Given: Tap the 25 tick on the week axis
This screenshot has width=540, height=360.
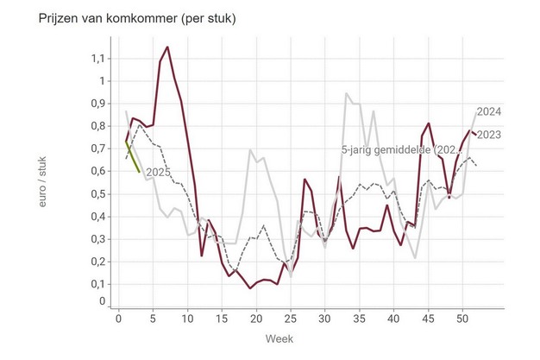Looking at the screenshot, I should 291,317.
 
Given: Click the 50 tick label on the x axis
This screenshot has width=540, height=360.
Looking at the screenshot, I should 462,317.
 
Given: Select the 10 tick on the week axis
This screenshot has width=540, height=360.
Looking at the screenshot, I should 188,317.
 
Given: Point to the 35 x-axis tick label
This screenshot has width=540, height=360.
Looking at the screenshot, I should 359,317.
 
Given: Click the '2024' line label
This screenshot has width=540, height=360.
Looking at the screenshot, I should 488,112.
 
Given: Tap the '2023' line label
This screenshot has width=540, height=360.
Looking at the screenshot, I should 488,134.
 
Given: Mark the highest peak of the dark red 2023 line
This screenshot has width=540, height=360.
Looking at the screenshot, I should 167,47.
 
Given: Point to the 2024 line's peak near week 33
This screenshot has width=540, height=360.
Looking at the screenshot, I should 346,93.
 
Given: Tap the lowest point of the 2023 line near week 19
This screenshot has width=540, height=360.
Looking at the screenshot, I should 250,287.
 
